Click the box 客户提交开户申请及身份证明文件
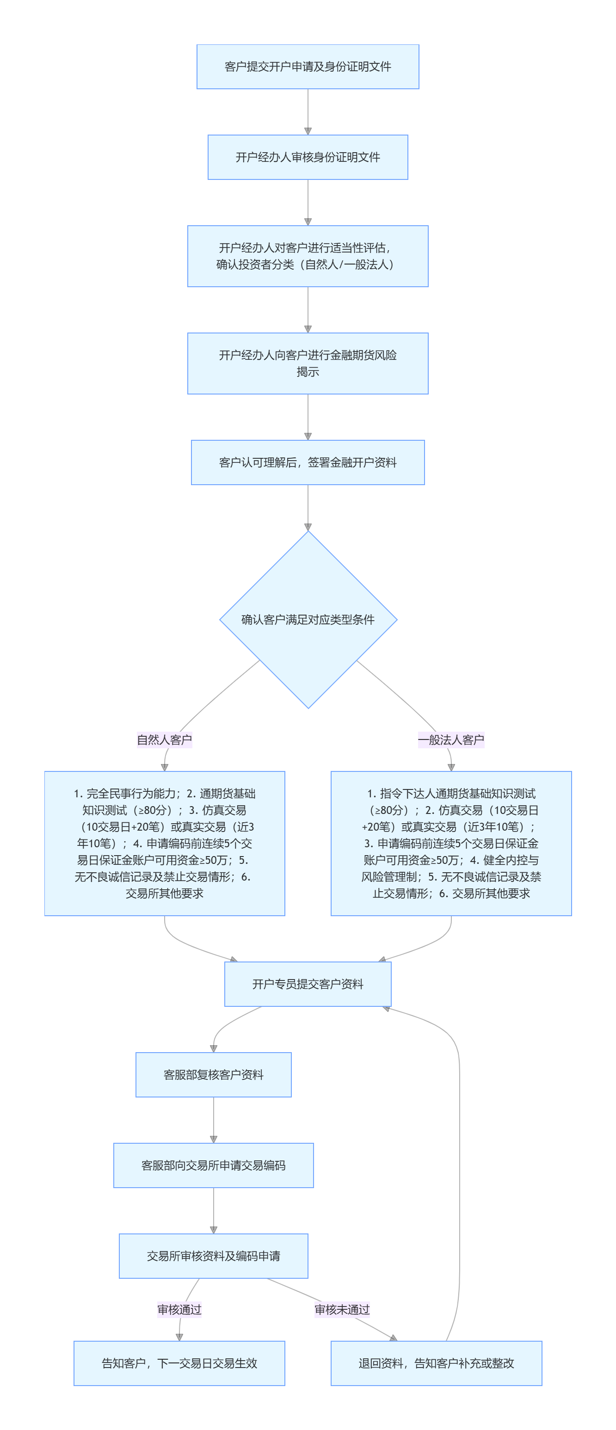pos(308,67)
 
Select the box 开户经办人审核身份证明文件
pos(308,157)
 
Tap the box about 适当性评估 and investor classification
pos(308,256)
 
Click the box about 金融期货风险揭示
pos(308,363)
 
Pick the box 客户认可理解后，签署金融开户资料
pos(308,462)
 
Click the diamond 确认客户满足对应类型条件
pos(308,620)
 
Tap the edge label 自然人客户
pos(164,740)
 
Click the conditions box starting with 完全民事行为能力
pos(164,843)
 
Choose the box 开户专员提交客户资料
pos(308,984)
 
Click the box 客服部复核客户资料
pos(213,1075)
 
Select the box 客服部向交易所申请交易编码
pos(213,1165)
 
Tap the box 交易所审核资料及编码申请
pos(213,1256)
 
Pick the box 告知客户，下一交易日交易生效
pos(179,1363)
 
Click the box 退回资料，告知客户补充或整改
pos(436,1363)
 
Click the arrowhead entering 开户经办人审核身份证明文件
pos(308,131)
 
